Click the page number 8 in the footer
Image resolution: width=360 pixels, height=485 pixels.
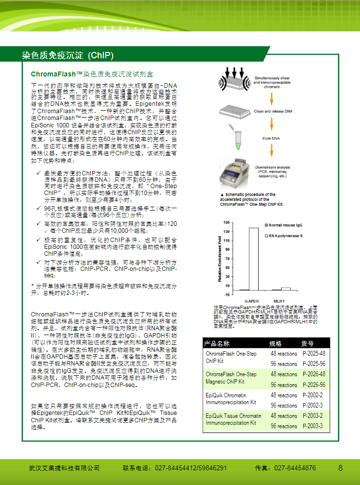click(x=340, y=468)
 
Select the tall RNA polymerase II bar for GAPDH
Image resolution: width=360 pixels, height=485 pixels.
click(x=254, y=259)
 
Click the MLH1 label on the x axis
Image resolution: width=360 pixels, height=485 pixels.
click(x=279, y=300)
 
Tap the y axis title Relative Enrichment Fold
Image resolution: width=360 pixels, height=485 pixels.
click(x=220, y=259)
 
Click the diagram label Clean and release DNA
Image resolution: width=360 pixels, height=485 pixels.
click(x=273, y=111)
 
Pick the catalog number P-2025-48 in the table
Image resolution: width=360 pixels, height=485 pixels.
click(x=313, y=354)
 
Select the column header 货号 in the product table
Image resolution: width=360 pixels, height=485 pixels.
click(x=308, y=343)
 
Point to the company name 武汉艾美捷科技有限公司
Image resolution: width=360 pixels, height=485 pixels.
click(x=64, y=468)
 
